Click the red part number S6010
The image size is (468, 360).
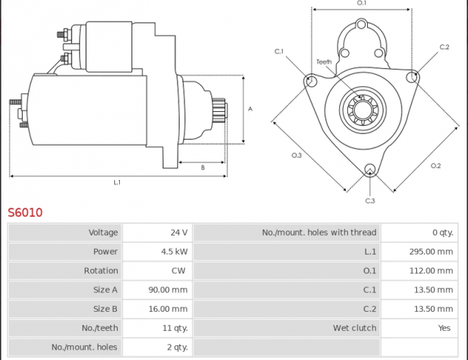tap(25, 212)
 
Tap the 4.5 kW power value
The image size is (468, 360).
tap(174, 252)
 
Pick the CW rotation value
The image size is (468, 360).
tap(178, 271)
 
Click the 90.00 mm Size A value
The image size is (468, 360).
tap(168, 290)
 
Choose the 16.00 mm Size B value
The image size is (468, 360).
tap(168, 309)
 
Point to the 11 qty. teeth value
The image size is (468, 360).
tap(175, 328)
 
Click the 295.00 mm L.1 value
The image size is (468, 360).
tap(431, 252)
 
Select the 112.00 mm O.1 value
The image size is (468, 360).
tap(431, 271)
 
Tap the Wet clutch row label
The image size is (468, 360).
tap(355, 328)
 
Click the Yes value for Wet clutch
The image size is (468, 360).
tap(444, 328)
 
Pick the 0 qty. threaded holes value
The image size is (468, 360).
tap(443, 233)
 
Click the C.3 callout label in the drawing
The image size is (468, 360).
tap(370, 200)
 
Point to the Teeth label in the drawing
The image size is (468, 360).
tap(324, 62)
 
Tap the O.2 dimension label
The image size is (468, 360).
tap(436, 166)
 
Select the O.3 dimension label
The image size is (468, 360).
tap(297, 155)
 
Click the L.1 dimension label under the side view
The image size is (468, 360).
tap(117, 182)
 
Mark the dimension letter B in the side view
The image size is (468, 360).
tap(203, 168)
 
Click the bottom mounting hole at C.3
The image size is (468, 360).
tap(370, 170)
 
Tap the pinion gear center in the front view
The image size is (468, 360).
tap(363, 110)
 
